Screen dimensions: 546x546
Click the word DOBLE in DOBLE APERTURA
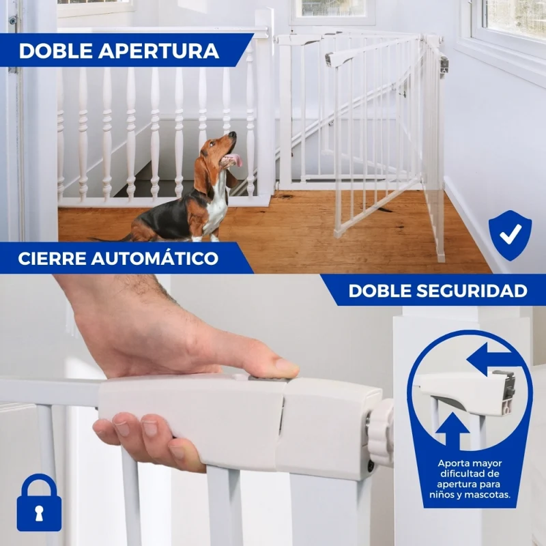[55, 51]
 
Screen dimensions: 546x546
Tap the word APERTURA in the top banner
[159, 51]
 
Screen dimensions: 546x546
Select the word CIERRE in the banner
[52, 259]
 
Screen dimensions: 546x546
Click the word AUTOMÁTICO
[155, 258]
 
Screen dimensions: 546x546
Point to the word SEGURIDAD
[476, 291]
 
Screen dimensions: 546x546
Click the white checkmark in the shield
[511, 234]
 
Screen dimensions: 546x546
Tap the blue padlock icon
[39, 502]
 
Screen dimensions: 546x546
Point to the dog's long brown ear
[201, 177]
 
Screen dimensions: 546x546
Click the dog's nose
[233, 134]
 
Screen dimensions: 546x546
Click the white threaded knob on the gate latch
[381, 432]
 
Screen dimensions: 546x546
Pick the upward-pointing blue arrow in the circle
[452, 431]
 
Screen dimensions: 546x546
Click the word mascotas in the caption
[491, 494]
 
